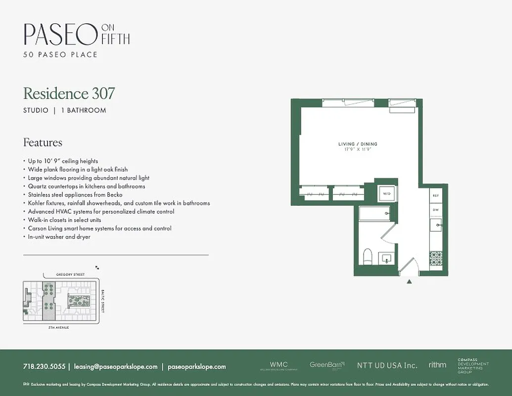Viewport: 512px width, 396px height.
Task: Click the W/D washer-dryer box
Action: [x=386, y=194]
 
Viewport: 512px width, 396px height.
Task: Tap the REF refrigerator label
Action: [x=436, y=196]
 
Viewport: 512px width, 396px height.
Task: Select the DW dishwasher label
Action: [x=436, y=210]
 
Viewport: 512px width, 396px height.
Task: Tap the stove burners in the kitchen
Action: [x=436, y=258]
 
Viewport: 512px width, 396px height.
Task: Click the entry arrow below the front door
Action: [x=409, y=282]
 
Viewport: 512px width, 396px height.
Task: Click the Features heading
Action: [x=43, y=143]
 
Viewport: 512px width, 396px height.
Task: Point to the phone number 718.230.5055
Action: [x=44, y=367]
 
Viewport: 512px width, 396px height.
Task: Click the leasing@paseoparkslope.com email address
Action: [x=116, y=367]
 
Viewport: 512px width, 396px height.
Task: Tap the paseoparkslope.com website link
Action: [x=197, y=367]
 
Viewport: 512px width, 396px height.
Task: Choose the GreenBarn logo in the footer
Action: [x=327, y=365]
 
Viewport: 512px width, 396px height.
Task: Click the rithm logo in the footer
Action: [x=437, y=365]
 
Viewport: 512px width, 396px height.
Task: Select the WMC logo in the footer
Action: [x=279, y=365]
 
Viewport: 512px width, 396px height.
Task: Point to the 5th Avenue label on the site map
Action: [x=59, y=328]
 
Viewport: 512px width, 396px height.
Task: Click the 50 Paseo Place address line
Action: [x=60, y=54]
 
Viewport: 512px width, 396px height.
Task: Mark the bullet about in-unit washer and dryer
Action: [x=59, y=237]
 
